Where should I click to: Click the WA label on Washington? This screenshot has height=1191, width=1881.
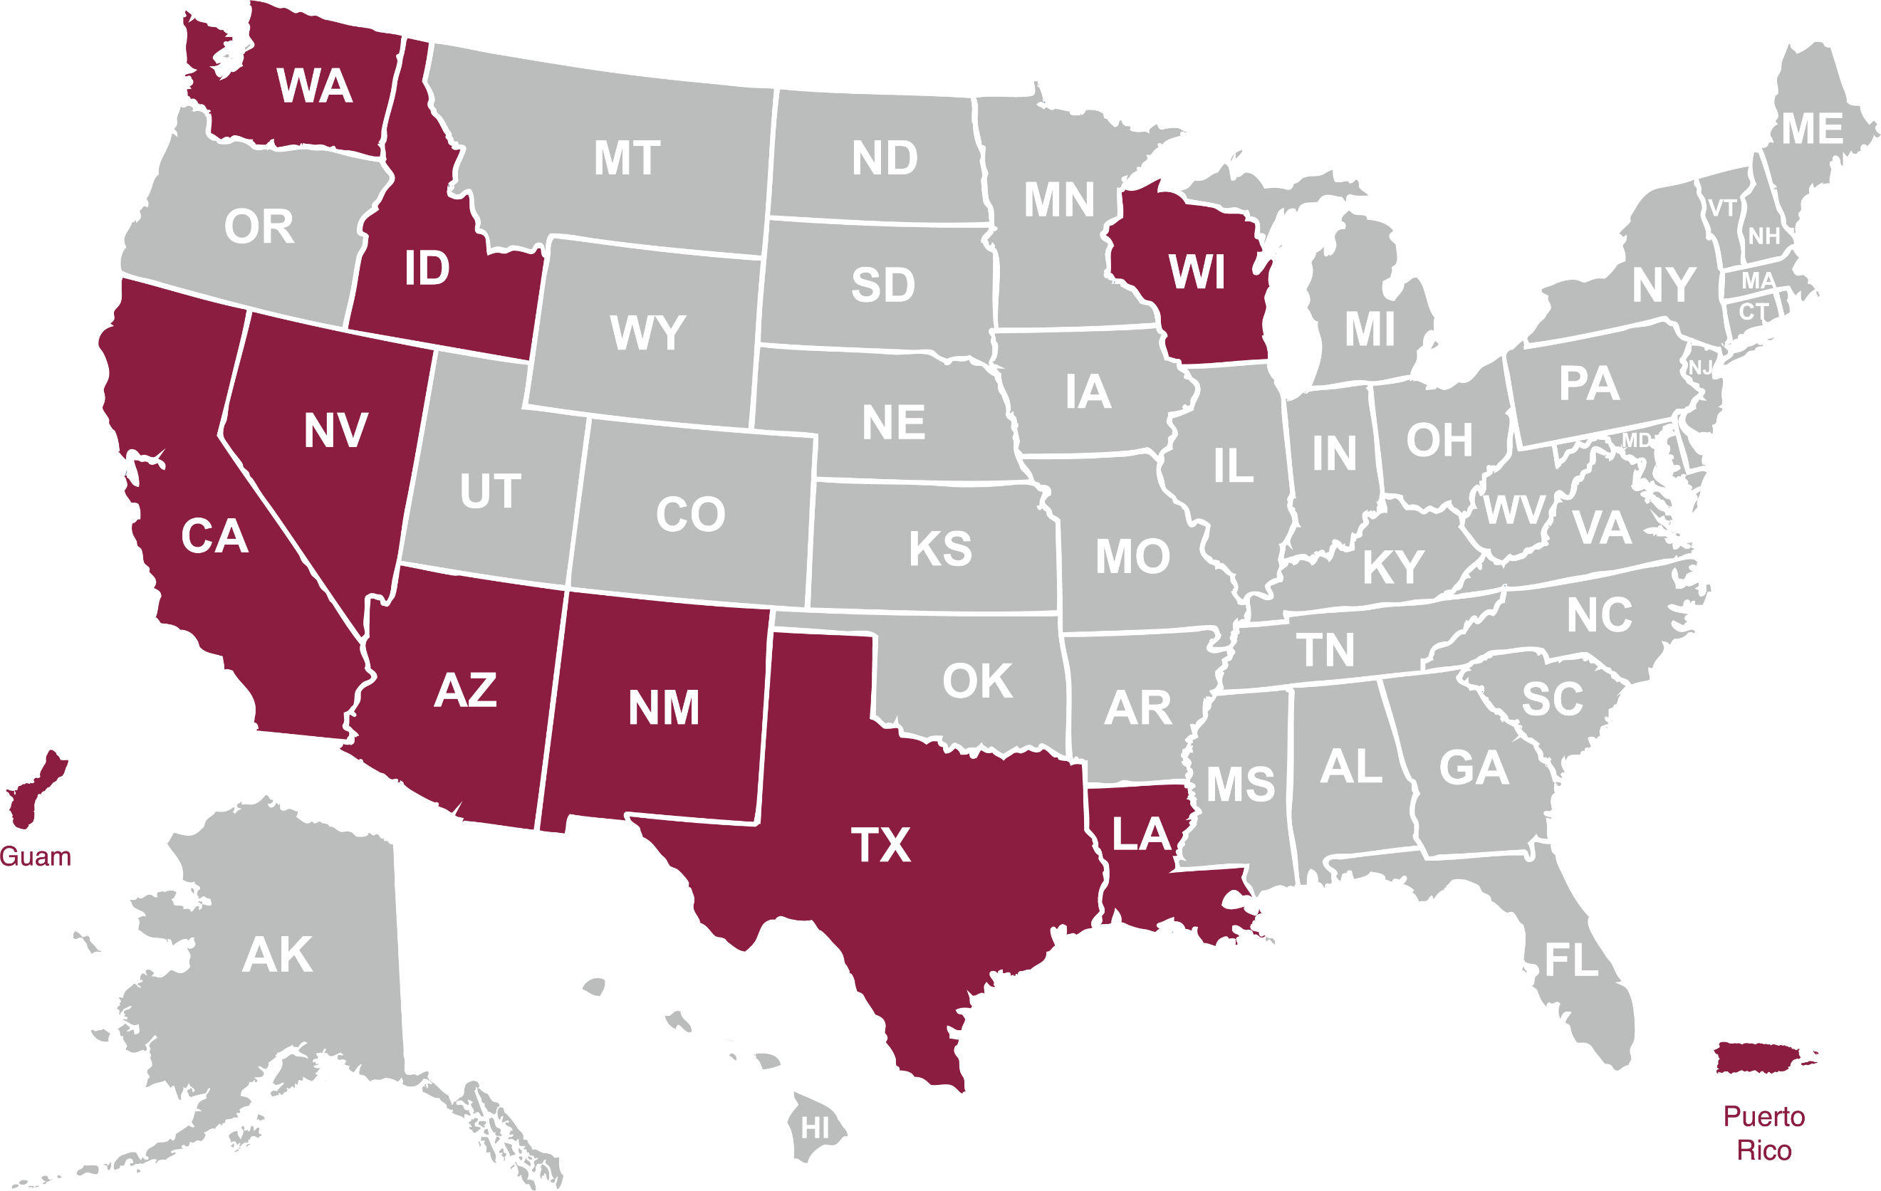coord(314,86)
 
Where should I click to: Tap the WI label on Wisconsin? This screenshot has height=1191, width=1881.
coord(1197,273)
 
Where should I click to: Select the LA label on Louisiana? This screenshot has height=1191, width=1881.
coord(1141,834)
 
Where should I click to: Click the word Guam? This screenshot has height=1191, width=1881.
coord(35,856)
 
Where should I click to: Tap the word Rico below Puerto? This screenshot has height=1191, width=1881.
coord(1763,1150)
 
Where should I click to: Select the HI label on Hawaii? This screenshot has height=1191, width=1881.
coord(815,1128)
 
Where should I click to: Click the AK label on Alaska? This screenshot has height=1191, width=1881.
coord(277,955)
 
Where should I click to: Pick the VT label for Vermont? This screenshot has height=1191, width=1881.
coord(1721,208)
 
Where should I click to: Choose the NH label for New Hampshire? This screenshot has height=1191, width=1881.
coord(1763,236)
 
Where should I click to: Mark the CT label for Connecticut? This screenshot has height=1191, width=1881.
coord(1753,312)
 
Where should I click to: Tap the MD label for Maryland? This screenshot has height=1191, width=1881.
coord(1637,440)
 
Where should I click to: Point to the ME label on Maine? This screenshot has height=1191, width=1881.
coord(1812,129)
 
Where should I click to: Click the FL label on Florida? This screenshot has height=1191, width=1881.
coord(1571,960)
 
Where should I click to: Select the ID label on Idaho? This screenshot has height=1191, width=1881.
coord(427,268)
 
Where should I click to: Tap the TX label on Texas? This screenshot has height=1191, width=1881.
coord(880,845)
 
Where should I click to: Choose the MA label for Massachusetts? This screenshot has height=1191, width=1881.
coord(1758,280)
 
